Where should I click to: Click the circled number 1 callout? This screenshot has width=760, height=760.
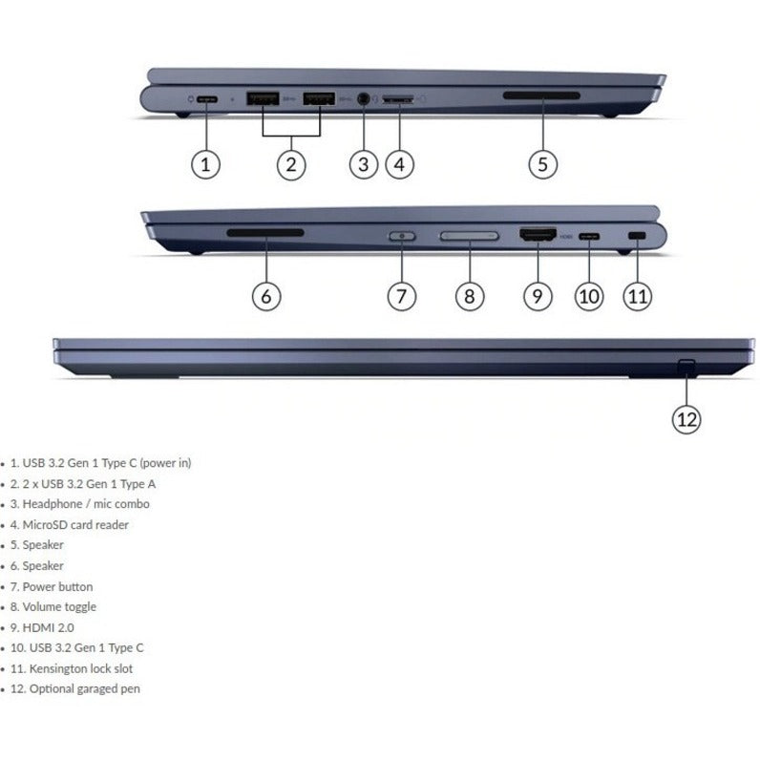206,164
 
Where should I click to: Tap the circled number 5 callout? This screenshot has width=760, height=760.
542,164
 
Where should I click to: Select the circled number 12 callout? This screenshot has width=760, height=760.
686,417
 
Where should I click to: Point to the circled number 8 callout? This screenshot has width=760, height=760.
468,296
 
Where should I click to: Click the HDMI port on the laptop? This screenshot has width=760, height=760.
538,235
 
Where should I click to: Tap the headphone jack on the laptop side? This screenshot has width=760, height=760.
362,97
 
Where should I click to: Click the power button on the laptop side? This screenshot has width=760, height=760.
401,235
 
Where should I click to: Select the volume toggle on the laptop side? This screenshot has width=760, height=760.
469,235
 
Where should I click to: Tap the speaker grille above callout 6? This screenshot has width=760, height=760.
265,232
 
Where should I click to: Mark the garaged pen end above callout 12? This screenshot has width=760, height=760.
686,366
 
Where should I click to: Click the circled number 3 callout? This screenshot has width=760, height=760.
363,164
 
